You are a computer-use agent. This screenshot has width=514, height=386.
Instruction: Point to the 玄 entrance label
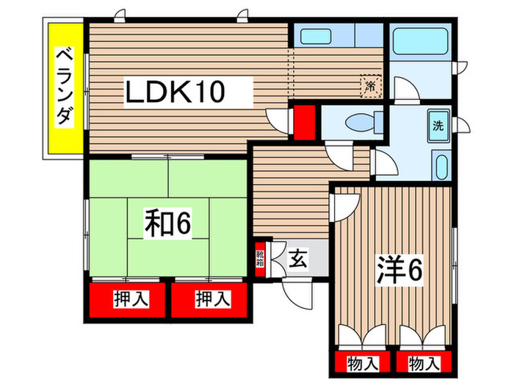pos(297,259)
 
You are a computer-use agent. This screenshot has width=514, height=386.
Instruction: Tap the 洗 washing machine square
pos(438,125)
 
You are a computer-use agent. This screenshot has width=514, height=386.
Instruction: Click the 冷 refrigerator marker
pos(371,87)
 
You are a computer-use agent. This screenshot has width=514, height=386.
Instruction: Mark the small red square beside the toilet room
pos(305,121)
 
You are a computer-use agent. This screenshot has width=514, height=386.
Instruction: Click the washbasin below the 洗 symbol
pos(440,165)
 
